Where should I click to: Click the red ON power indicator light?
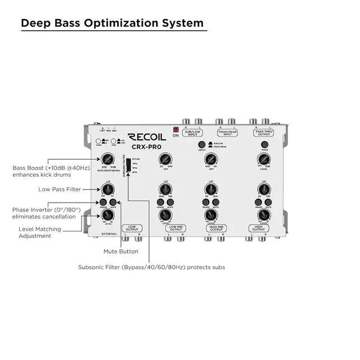(175, 130)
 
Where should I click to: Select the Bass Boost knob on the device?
(104, 159)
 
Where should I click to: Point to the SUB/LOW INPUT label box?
(192, 134)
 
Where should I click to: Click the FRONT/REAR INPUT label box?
(228, 134)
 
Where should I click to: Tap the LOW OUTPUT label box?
(132, 229)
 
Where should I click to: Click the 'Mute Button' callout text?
(121, 251)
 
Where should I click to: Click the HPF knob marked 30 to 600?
(165, 159)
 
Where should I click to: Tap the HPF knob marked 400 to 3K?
(210, 159)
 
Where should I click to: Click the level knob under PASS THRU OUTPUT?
(263, 159)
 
